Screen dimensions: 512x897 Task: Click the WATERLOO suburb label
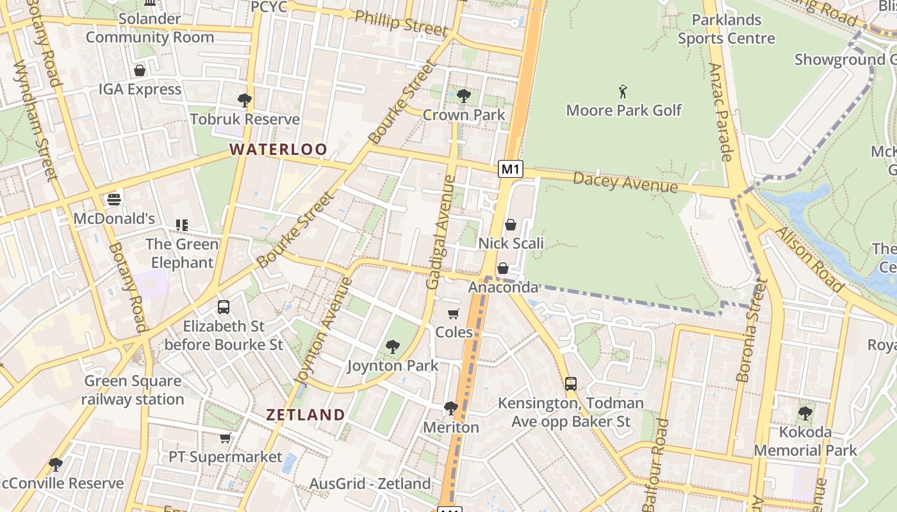(279, 150)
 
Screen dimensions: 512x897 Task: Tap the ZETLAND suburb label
(306, 415)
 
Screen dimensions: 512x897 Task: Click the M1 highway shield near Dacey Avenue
(511, 169)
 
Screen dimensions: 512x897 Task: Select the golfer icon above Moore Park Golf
(623, 92)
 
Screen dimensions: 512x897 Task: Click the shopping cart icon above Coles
(454, 314)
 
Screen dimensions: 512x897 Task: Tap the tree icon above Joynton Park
(392, 348)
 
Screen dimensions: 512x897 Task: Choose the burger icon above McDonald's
(114, 200)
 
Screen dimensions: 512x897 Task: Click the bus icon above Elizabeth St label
(223, 307)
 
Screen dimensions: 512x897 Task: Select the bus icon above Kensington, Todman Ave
(570, 384)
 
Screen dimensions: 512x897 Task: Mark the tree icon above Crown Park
(464, 97)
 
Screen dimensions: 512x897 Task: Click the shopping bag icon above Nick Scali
(511, 225)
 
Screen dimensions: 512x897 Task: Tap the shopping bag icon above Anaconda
(503, 268)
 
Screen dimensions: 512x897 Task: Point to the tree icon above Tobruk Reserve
(244, 100)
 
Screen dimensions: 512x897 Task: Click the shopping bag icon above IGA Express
(140, 70)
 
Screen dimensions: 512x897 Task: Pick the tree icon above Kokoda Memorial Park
(805, 413)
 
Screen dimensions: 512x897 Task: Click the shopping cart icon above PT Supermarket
(225, 438)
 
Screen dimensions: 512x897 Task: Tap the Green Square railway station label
(133, 390)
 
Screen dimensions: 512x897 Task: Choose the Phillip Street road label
(401, 23)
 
